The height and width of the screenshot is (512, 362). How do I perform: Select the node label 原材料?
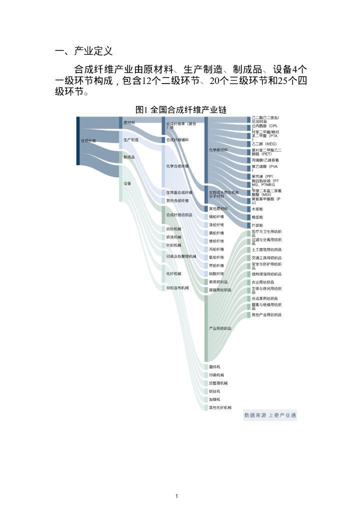coord(129,123)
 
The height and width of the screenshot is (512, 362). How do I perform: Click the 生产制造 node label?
coord(131,140)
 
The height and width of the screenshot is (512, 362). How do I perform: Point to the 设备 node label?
coord(127,183)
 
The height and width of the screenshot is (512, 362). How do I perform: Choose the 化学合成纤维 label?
coord(177,166)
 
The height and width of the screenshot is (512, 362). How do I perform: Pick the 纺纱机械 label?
coord(174,229)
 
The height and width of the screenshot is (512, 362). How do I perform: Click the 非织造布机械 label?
coord(177,288)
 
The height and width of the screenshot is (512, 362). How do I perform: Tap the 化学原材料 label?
coord(218,150)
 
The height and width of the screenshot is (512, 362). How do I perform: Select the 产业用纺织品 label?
coord(220,328)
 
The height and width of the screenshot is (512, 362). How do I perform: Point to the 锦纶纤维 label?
coord(216,217)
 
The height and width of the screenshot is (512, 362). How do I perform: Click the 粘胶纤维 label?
coord(216,273)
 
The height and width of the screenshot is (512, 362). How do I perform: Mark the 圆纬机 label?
coord(214,367)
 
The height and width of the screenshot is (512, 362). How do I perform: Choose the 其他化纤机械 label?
coord(220,407)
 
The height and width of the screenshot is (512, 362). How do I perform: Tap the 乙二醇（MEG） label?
coord(264,144)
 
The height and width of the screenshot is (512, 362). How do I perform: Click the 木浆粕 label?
coord(257,209)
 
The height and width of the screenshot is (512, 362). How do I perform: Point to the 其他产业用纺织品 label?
coord(266,315)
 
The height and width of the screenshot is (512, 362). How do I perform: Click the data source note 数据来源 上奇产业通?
coord(270,415)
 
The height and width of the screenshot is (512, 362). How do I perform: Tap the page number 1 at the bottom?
coord(177,496)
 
